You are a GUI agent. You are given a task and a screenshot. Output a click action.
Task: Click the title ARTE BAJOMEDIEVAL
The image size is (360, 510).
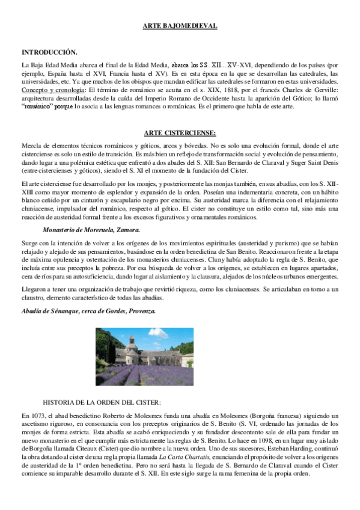click(180, 25)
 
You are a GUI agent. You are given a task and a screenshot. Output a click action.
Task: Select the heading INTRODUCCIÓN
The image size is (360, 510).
click(49, 52)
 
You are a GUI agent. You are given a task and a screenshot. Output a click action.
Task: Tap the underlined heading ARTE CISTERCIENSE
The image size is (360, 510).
click(180, 133)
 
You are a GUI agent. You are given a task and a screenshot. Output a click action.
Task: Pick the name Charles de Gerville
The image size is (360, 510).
click(301, 89)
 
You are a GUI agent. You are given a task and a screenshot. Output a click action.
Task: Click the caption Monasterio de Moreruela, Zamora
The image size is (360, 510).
click(91, 212)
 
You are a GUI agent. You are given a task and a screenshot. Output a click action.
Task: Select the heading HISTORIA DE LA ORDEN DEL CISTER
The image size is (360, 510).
click(102, 401)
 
